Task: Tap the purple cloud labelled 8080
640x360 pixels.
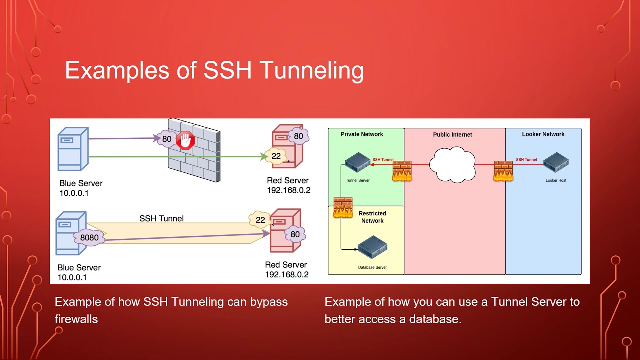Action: [x=89, y=238]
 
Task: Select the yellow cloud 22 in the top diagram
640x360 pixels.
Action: [x=275, y=156]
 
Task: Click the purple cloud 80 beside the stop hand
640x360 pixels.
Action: [x=166, y=139]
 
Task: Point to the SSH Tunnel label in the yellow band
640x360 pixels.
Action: [x=161, y=218]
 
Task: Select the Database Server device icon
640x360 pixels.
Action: [x=372, y=248]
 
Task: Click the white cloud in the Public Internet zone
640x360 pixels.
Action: [x=452, y=164]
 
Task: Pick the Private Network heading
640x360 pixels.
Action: [x=362, y=134]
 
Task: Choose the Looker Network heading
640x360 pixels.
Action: [x=543, y=134]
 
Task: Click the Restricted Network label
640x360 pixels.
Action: [x=372, y=217]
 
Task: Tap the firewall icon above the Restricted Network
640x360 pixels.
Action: [x=343, y=208]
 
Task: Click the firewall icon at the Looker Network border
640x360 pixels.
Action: [x=503, y=170]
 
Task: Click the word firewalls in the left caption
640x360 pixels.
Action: [x=76, y=319]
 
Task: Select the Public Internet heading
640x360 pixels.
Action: [x=452, y=135]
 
